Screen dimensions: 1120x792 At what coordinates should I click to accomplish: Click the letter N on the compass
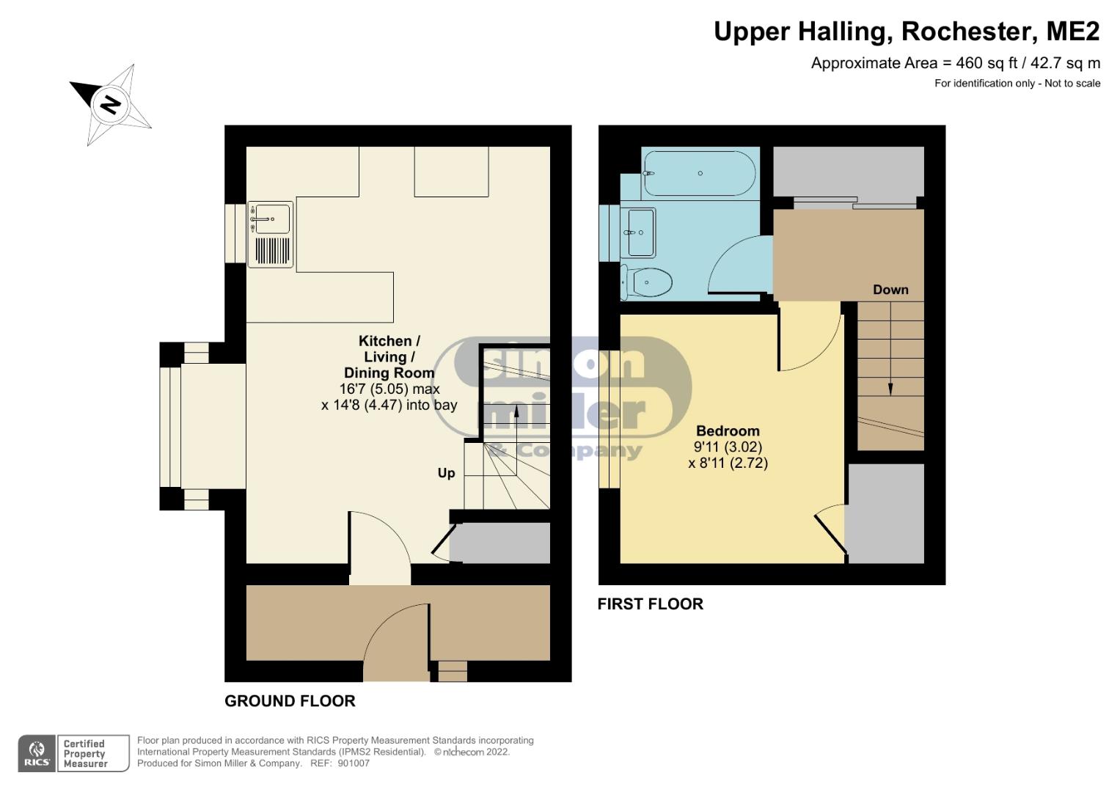(x=111, y=105)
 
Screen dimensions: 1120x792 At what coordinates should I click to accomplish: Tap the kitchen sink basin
(x=271, y=219)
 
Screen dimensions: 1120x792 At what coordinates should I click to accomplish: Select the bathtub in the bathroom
(x=700, y=173)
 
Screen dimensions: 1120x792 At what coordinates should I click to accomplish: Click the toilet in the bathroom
(x=646, y=282)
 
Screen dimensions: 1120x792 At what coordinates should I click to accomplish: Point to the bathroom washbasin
(x=639, y=233)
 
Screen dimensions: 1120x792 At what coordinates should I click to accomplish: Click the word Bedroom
(x=728, y=430)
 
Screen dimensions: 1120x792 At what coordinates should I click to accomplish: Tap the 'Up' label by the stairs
(x=446, y=473)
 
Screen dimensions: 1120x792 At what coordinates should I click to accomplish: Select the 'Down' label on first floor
(x=890, y=290)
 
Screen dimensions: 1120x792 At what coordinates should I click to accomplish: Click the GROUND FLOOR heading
(x=290, y=701)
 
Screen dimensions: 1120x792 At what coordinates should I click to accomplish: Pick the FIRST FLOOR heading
(x=651, y=604)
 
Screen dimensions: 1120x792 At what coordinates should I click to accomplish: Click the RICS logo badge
(x=37, y=753)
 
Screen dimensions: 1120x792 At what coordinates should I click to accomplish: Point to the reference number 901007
(x=354, y=763)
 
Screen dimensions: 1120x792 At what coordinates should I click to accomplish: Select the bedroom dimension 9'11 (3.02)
(x=728, y=447)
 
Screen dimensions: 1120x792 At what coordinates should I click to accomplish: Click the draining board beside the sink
(x=273, y=250)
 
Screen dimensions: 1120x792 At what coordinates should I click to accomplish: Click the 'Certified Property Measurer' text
(x=85, y=754)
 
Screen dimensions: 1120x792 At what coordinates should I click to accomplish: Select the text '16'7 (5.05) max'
(x=389, y=389)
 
